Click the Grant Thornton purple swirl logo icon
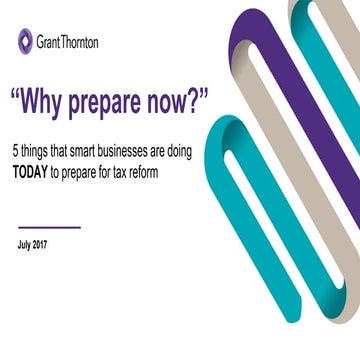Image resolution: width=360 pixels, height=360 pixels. coord(25,41)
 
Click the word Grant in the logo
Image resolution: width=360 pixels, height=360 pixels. coord(50,42)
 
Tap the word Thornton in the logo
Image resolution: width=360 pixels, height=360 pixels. coord(82,42)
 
